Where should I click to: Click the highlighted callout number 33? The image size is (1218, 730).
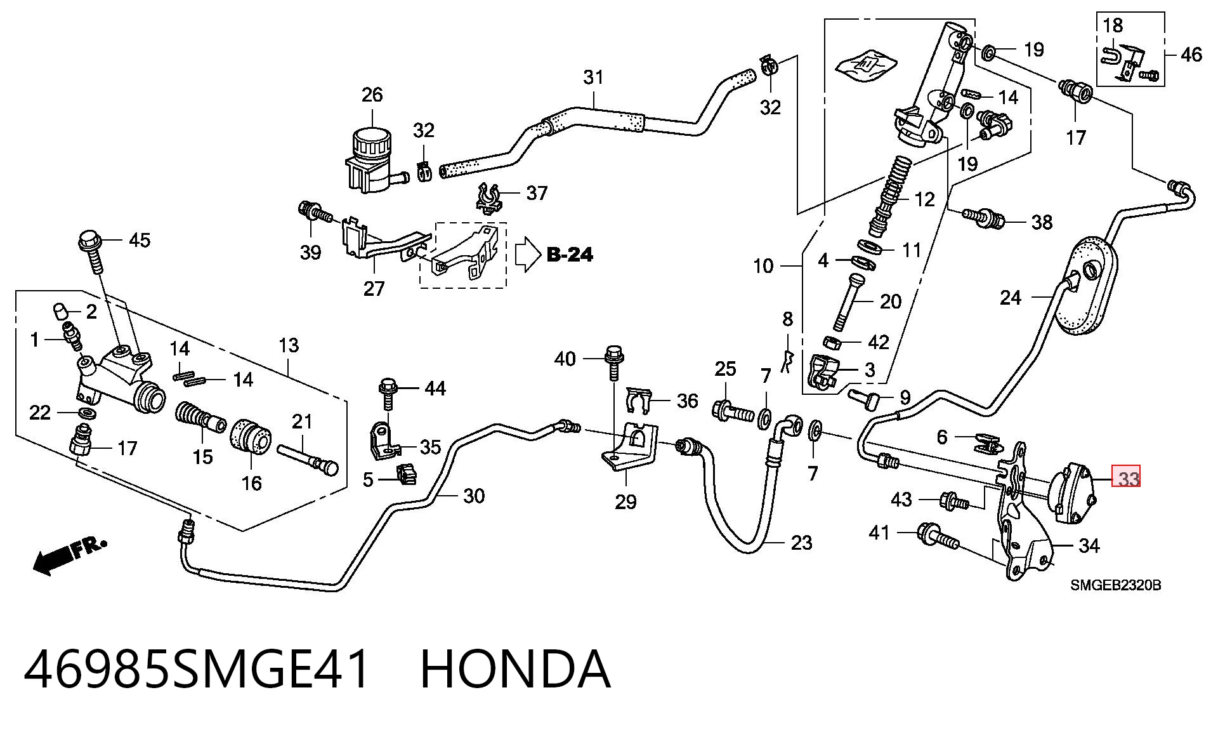coord(1127,477)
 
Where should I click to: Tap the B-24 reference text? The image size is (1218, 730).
coord(569,255)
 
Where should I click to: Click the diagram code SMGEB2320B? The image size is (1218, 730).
coord(1116,586)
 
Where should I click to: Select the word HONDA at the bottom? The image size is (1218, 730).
coord(515,669)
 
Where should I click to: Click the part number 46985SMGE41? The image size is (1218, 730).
coord(197,669)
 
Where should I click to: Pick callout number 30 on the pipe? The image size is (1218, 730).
coord(474,496)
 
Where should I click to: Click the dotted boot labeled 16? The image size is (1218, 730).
coord(251,437)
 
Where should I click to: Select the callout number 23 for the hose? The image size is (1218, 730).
coord(802,543)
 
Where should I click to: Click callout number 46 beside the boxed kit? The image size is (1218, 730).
coord(1191,55)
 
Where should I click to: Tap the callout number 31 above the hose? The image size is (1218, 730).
coord(593,77)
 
